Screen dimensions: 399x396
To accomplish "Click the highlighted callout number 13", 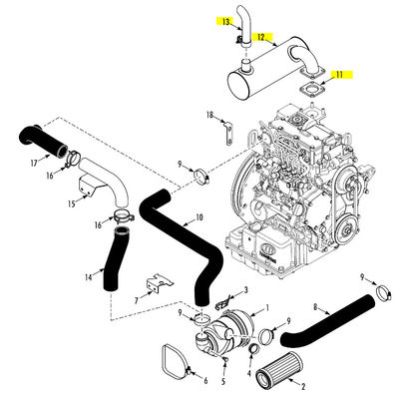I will coord(226,21).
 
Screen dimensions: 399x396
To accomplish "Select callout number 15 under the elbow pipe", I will coord(71,203).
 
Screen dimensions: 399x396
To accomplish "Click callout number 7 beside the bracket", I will coord(135,298).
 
